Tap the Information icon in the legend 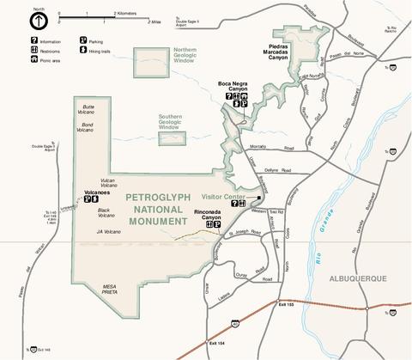tap(11, 40)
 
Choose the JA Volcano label tap(107, 230)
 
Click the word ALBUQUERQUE tap(358, 278)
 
